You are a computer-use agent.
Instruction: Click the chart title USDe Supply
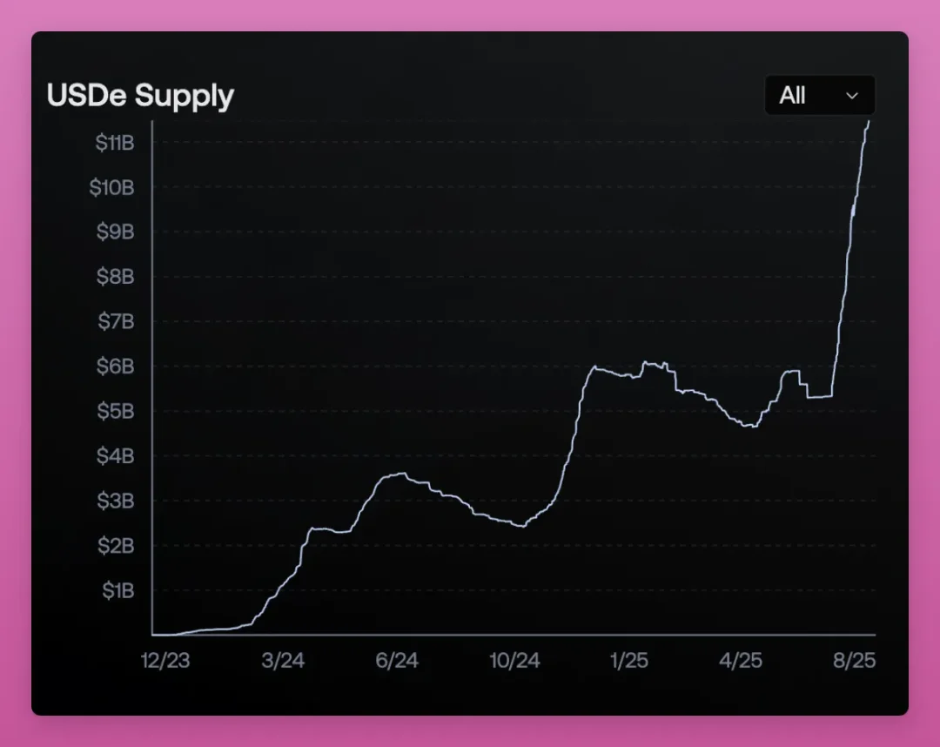[140, 96]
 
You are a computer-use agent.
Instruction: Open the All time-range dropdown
[819, 96]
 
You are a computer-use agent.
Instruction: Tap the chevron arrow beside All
[852, 96]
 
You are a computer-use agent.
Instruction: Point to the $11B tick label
[115, 143]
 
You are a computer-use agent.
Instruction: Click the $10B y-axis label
[112, 187]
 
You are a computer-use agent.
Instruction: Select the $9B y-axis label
[115, 232]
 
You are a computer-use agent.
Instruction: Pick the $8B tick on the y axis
[115, 277]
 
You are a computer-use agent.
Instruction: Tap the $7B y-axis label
[115, 322]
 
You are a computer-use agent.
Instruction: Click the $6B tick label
[115, 367]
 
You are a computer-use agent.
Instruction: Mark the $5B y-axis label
[115, 411]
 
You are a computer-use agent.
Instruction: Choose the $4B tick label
[115, 456]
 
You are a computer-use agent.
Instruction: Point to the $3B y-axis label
[115, 501]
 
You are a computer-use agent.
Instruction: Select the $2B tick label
[115, 546]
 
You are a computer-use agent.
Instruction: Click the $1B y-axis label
[117, 590]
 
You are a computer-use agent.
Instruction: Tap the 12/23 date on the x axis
[165, 661]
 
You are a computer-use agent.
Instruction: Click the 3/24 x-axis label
[283, 661]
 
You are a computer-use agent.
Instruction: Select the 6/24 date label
[397, 661]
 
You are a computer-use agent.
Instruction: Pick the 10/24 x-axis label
[514, 661]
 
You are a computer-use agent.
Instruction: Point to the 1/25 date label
[628, 661]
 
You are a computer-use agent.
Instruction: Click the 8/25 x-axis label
[854, 661]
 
